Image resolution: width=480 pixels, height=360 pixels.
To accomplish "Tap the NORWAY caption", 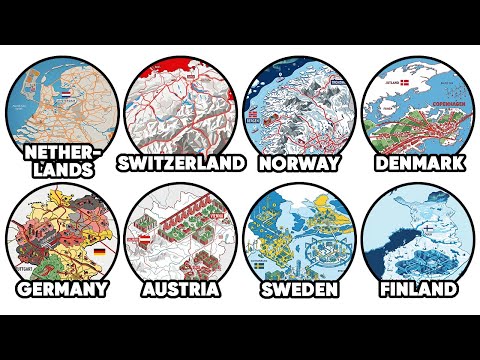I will [299, 162].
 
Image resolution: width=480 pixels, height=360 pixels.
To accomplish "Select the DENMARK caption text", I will [417, 162].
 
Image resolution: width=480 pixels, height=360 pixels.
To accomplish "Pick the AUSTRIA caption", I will [180, 289].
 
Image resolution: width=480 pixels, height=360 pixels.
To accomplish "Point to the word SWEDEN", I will [299, 289].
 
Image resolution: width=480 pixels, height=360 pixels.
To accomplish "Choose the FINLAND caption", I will [417, 289].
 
